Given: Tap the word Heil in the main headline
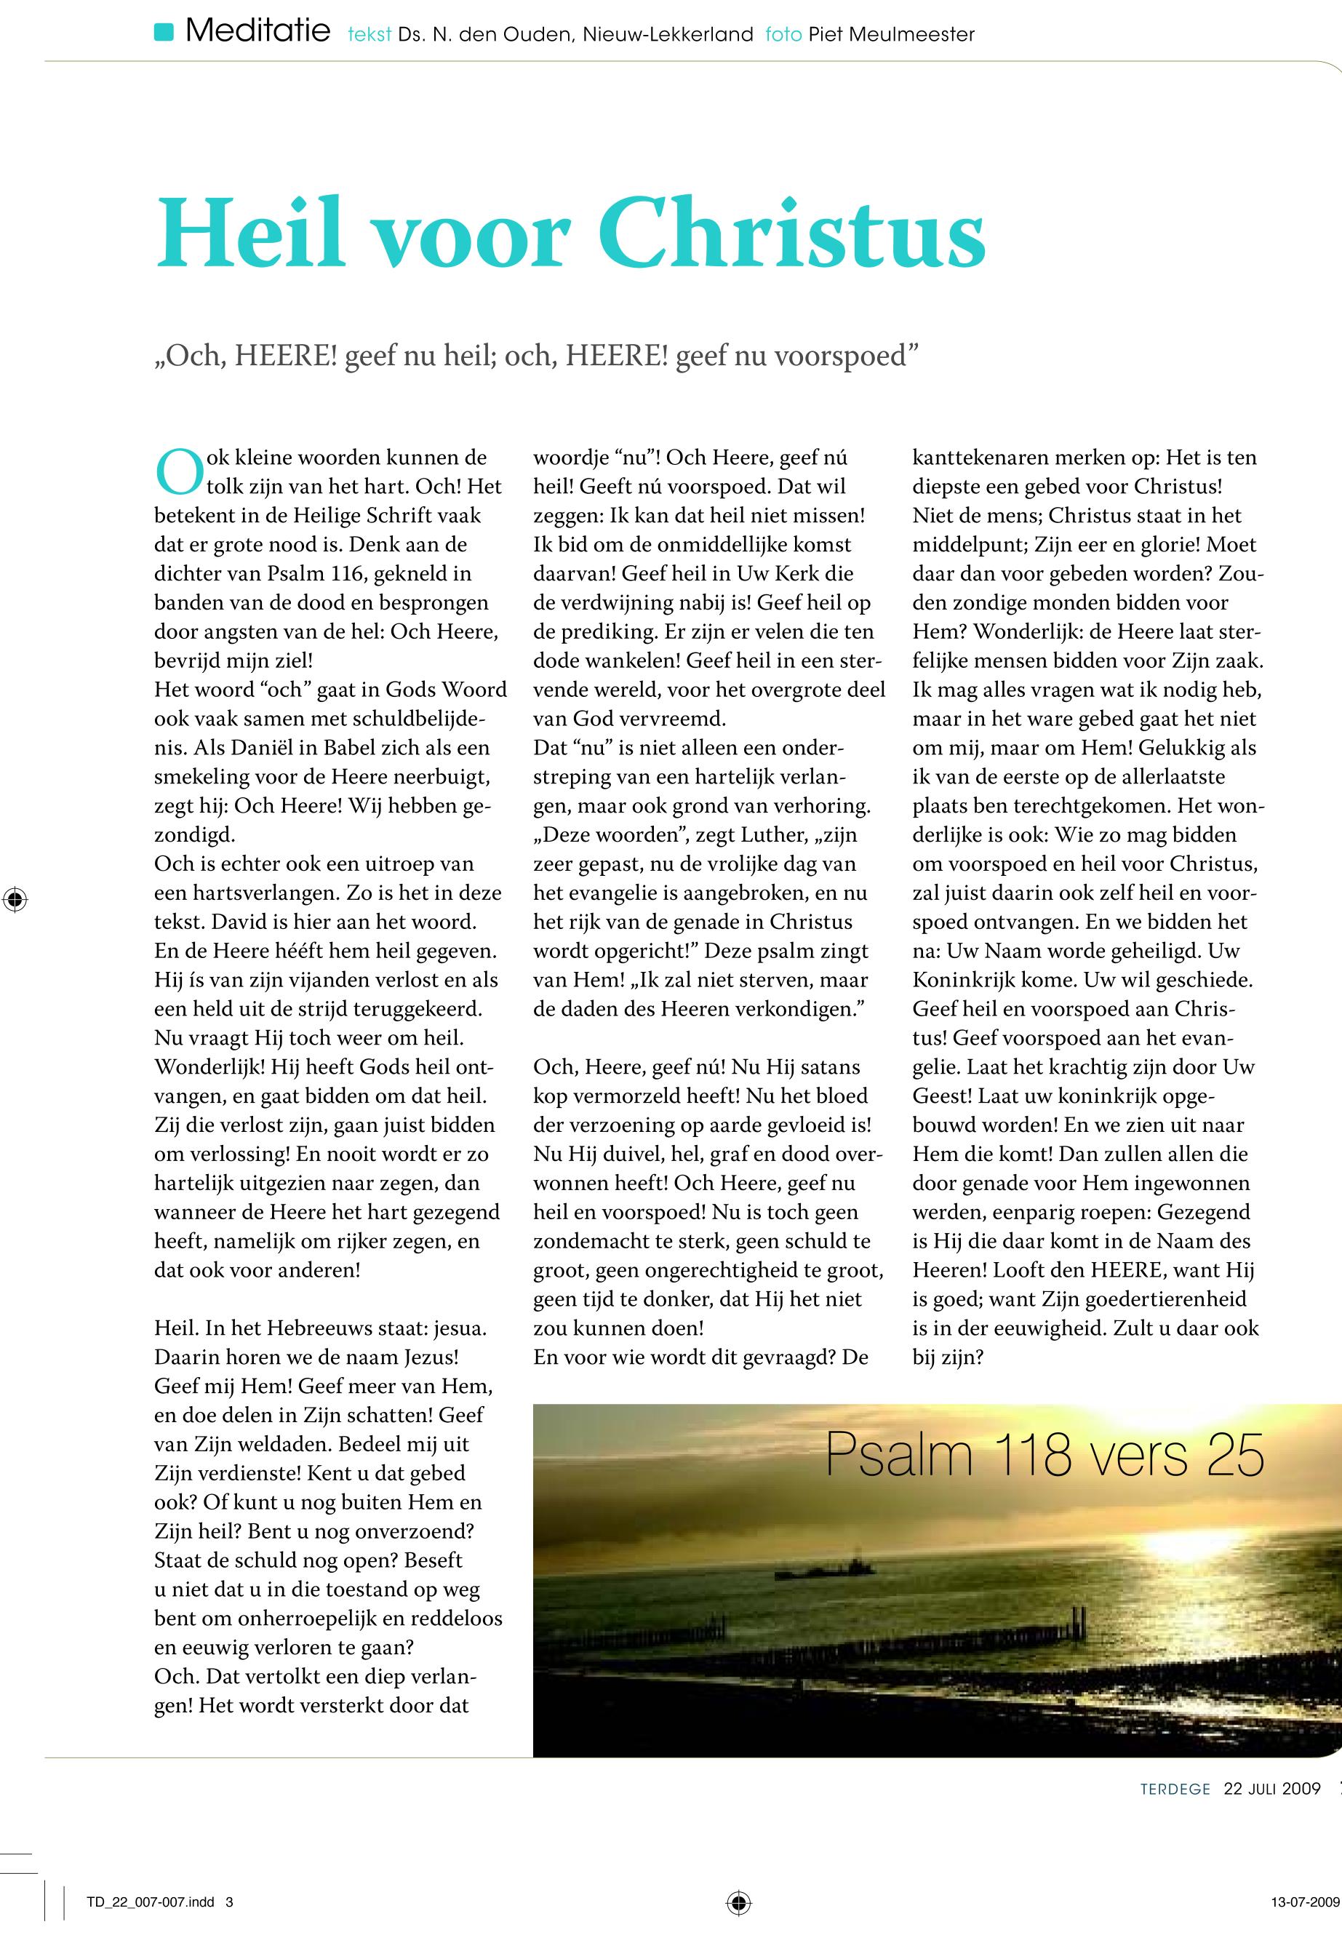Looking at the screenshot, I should pos(250,233).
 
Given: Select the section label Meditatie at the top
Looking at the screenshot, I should pos(257,33).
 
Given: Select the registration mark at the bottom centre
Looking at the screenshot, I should pos(738,1902).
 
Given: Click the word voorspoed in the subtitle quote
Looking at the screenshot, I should pos(840,356).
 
